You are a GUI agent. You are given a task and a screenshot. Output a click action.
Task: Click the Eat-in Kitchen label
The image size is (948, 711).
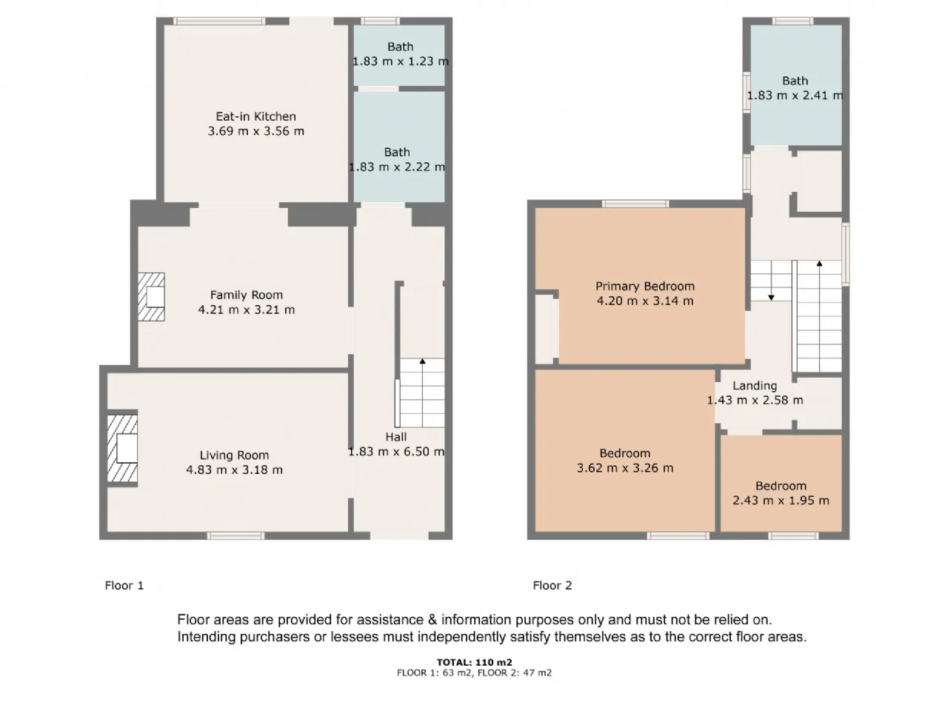pyautogui.click(x=256, y=116)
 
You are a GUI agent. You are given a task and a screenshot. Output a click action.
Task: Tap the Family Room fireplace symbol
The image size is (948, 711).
pyautogui.click(x=151, y=296)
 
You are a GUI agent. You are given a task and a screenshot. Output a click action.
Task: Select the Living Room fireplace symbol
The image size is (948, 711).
pyautogui.click(x=122, y=449)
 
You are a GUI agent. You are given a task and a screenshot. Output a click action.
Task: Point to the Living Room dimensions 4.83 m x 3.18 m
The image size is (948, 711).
pyautogui.click(x=234, y=470)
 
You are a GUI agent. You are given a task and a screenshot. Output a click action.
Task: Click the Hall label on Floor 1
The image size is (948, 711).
pyautogui.click(x=396, y=437)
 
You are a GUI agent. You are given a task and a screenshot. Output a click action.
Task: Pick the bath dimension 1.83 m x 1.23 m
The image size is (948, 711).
pyautogui.click(x=401, y=61)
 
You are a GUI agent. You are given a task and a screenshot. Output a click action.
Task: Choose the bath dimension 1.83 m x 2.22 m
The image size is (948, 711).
pyautogui.click(x=397, y=167)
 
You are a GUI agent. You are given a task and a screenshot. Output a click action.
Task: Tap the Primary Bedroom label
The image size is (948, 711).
pyautogui.click(x=645, y=286)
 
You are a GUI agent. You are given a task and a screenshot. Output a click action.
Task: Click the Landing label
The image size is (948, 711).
pyautogui.click(x=755, y=386)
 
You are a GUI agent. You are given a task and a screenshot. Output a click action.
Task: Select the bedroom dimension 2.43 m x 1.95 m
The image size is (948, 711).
pyautogui.click(x=781, y=501)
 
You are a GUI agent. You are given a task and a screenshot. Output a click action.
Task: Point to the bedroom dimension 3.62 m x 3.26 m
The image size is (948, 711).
pyautogui.click(x=625, y=468)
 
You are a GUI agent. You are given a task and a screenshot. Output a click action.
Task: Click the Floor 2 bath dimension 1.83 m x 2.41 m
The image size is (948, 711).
pyautogui.click(x=795, y=96)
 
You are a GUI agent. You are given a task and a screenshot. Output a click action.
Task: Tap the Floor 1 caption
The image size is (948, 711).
pyautogui.click(x=124, y=585)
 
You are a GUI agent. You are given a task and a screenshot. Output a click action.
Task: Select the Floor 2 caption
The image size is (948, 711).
pyautogui.click(x=553, y=585)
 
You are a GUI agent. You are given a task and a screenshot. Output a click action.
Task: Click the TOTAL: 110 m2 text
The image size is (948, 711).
pyautogui.click(x=474, y=662)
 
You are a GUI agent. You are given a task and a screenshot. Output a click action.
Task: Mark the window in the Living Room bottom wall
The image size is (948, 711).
pyautogui.click(x=236, y=535)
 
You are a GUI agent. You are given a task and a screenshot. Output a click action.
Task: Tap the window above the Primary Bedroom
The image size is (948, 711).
pyautogui.click(x=635, y=204)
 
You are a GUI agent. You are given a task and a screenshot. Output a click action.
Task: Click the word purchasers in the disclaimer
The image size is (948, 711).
pyautogui.click(x=276, y=637)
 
